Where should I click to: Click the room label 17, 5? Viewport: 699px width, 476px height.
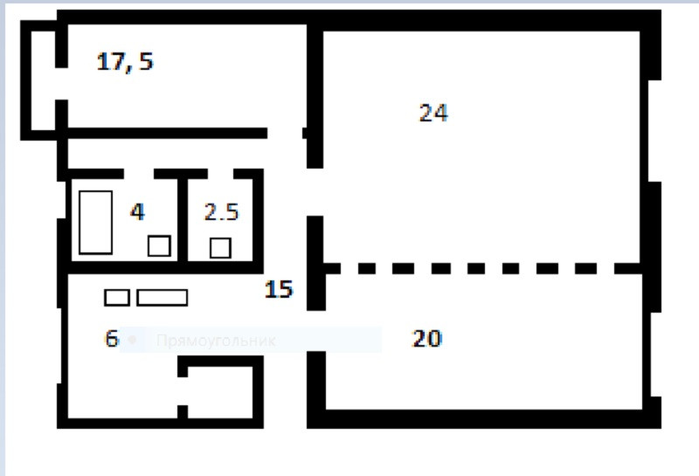coord(125,62)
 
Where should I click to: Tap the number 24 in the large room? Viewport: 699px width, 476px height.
coord(433,113)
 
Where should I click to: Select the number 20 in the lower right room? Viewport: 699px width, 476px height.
coord(426,339)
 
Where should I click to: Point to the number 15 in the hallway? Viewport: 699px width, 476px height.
coord(278,289)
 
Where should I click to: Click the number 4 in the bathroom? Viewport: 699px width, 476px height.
coord(137,212)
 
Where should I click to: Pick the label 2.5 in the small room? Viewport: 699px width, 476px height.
coord(220,212)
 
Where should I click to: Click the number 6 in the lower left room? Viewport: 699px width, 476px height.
coord(111,339)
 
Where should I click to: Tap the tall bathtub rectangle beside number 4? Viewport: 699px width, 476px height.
coord(95,222)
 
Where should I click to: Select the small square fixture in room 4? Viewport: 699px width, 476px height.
coord(158,246)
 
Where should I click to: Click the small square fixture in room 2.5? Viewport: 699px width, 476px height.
coord(220,248)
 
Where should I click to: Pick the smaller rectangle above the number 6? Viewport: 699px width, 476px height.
coord(116,298)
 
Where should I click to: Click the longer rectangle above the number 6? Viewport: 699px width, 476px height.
coord(162,298)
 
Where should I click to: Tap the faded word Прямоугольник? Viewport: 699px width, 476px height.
coord(215,341)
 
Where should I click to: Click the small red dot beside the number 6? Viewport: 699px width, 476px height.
coord(131,338)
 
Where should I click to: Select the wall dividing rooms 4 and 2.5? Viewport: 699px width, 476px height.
coord(183,218)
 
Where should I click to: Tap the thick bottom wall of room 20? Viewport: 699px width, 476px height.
coord(481,417)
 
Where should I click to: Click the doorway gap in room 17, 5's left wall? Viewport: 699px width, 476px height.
coord(61,84)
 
